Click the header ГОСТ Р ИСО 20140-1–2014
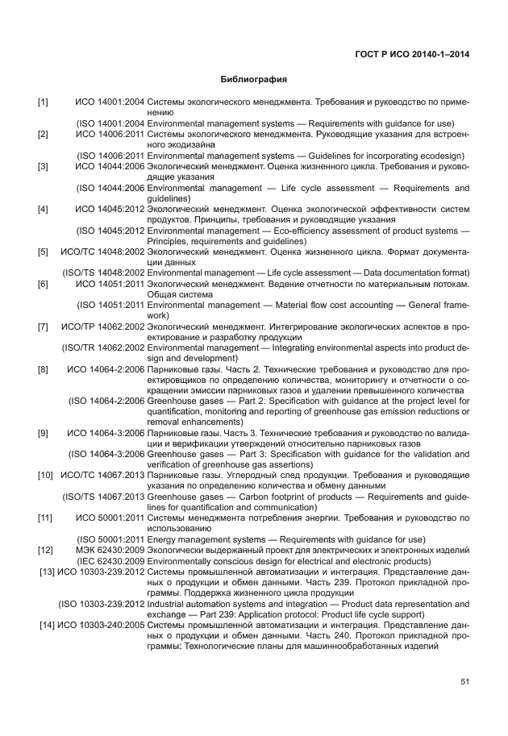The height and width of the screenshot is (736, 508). click(x=412, y=55)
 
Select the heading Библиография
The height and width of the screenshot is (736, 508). click(x=254, y=81)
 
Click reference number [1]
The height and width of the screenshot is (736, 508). click(x=43, y=102)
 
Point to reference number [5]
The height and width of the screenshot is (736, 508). click(x=43, y=252)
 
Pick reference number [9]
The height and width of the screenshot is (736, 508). click(x=43, y=433)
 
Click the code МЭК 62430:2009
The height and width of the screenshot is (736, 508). click(x=110, y=550)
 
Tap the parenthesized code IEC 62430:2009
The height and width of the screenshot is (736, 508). click(x=110, y=561)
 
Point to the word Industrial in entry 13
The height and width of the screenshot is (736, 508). click(x=167, y=603)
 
